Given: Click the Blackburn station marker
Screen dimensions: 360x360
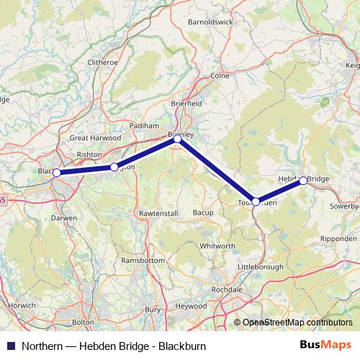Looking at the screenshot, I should (x=56, y=173).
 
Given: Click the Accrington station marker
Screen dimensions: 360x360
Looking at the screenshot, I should (x=114, y=167).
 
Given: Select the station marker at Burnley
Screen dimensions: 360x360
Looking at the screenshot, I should (x=177, y=140).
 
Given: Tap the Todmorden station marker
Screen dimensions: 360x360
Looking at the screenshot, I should (x=256, y=202).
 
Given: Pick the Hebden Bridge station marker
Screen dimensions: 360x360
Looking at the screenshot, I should (x=303, y=180).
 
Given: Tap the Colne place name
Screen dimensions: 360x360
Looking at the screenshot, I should (x=219, y=75).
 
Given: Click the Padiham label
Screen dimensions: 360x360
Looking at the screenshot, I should (x=143, y=125).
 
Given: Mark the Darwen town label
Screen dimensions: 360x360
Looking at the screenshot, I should (x=63, y=217).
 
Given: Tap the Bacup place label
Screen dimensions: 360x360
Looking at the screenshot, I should (x=203, y=213).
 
